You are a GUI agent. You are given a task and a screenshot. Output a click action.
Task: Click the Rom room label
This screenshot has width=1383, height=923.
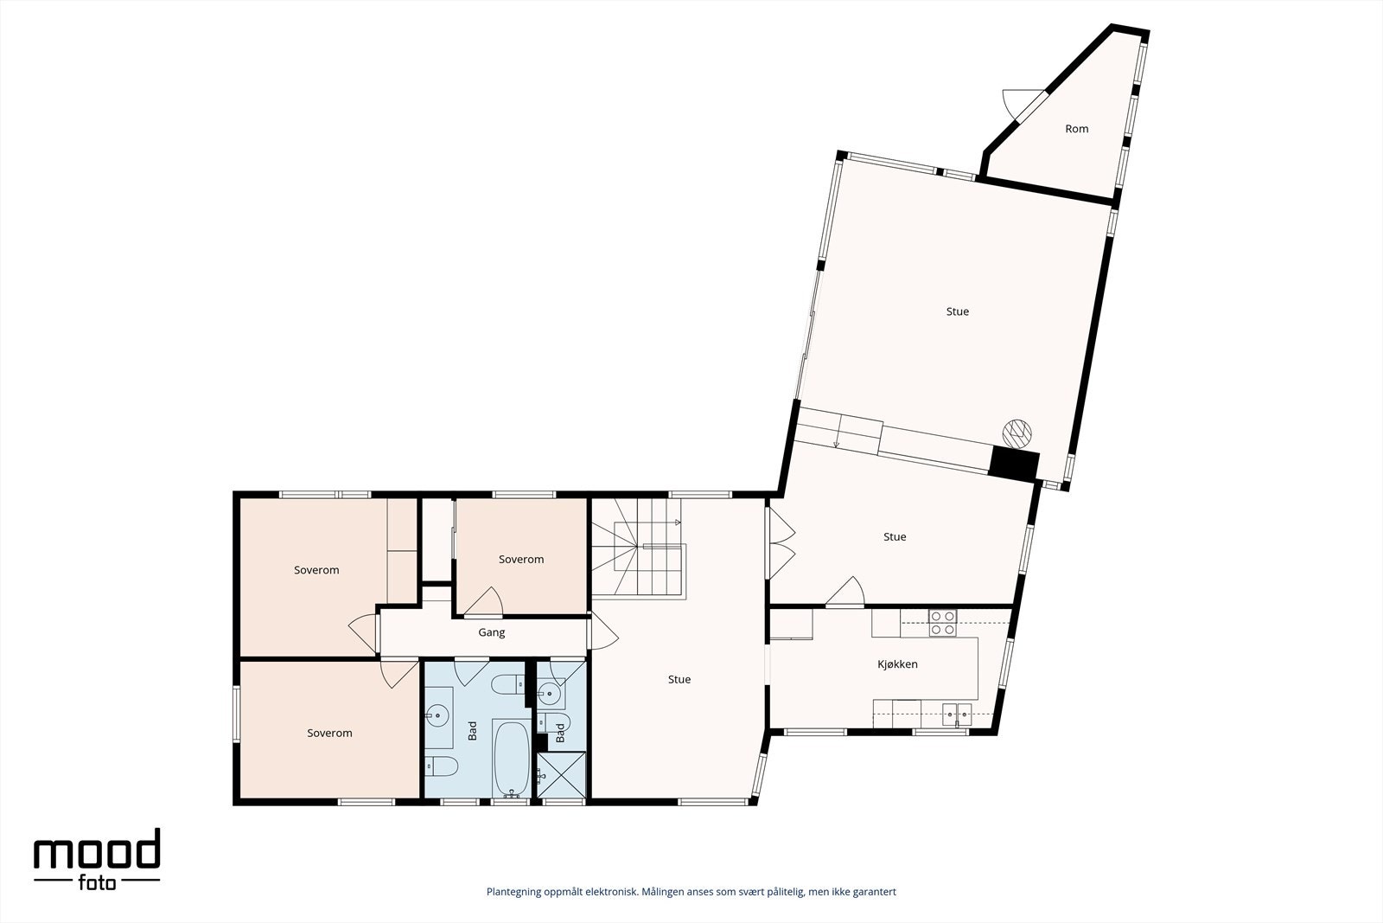click(1076, 129)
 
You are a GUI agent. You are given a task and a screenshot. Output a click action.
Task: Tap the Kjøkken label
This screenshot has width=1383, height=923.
click(897, 664)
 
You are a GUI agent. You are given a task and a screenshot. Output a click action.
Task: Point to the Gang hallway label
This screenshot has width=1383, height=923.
click(492, 632)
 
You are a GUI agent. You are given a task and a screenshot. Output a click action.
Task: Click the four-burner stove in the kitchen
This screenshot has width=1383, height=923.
click(943, 623)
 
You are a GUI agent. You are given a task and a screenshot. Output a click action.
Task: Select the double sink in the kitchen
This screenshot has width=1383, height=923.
click(956, 715)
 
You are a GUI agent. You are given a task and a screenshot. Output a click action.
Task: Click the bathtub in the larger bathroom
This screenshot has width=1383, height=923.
click(511, 758)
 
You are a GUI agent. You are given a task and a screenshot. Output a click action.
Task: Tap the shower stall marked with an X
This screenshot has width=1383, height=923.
click(561, 775)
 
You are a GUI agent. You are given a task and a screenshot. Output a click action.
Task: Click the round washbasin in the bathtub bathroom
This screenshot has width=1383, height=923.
click(437, 716)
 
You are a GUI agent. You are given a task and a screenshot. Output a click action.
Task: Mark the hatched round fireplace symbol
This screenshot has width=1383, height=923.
click(1017, 433)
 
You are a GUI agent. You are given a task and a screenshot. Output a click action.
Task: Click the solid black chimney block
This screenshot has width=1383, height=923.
click(1014, 464)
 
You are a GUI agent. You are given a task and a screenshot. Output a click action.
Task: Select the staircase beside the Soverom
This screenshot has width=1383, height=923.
click(639, 548)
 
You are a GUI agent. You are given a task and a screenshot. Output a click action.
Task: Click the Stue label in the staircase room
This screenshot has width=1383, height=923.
click(679, 679)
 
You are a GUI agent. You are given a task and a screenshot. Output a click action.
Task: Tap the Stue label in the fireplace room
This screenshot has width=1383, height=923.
click(957, 311)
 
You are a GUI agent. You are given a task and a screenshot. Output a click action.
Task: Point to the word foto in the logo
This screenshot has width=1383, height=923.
click(97, 882)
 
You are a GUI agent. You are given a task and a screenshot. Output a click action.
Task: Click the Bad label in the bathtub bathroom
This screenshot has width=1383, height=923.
click(472, 731)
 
